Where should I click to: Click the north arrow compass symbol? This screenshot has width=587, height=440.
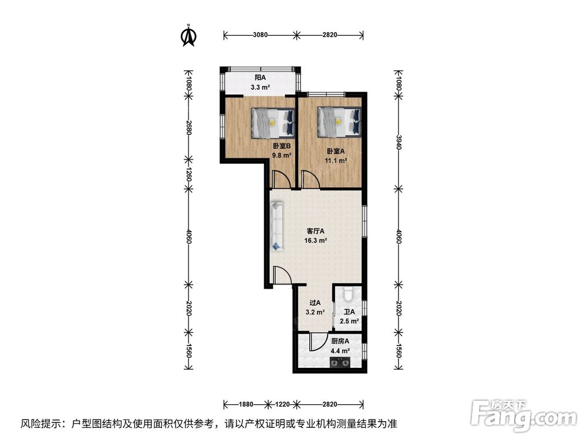pos(189,36)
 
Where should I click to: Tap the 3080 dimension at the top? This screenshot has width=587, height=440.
pos(260,35)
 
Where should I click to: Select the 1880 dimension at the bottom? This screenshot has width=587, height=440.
pos(247,404)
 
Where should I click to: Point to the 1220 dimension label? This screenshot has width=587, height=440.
pos(282,404)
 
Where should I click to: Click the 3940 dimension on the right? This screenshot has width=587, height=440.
pos(399,142)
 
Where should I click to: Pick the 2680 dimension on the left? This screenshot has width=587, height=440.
pos(188,128)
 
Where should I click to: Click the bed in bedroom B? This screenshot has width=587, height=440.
pos(273,123)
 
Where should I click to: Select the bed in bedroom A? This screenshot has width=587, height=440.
pos(339,121)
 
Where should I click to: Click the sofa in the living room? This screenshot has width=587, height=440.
pos(278,226)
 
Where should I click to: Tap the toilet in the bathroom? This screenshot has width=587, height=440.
pos(348,295)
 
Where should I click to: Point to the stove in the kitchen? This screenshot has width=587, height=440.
pos(339,362)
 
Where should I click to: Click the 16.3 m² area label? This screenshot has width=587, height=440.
pos(316,241)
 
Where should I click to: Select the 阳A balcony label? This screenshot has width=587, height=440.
pos(260,78)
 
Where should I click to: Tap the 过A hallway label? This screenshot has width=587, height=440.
pos(315,303)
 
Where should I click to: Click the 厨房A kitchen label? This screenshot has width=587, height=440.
pos(340,341)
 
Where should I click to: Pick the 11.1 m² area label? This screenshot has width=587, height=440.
pos(335,161)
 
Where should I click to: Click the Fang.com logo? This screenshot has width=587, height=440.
pos(524,415)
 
